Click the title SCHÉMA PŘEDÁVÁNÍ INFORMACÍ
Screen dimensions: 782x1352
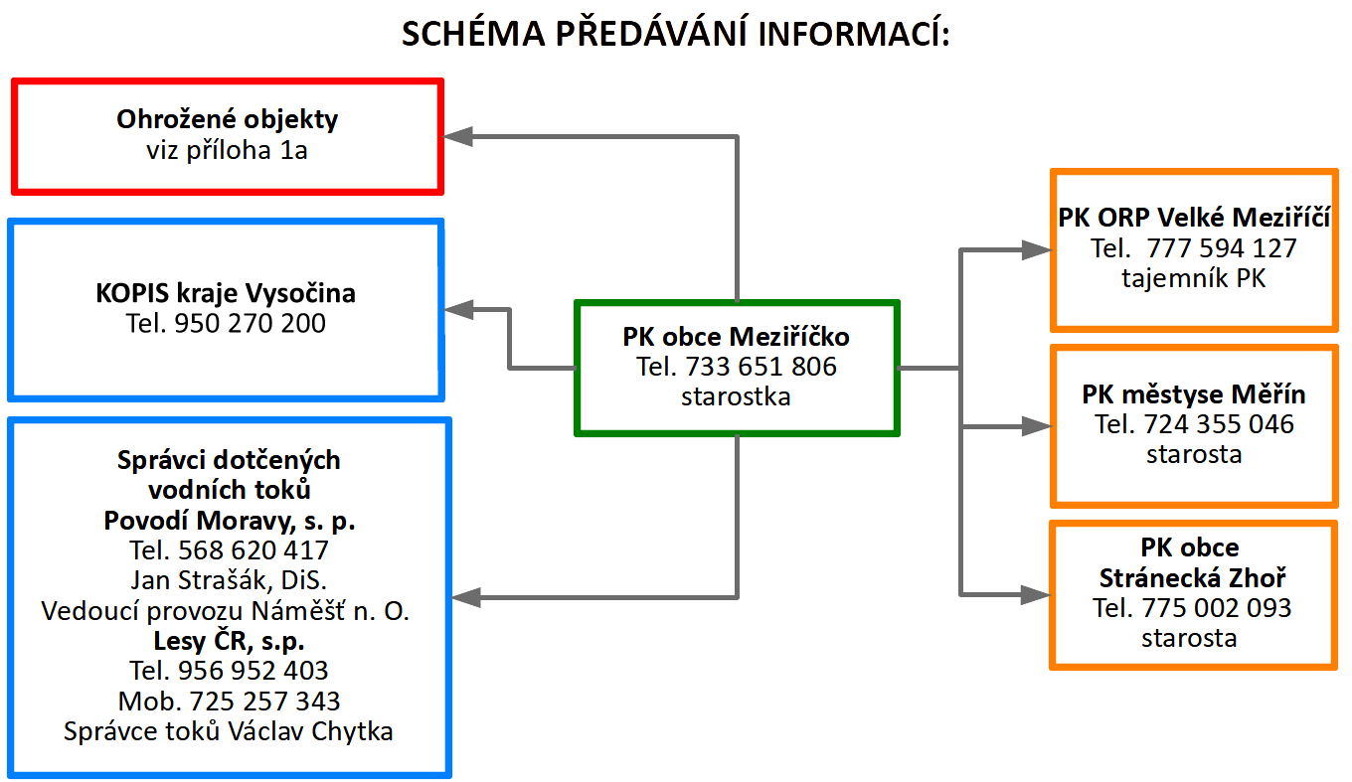coord(676,35)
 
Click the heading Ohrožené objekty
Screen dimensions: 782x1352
coord(228,120)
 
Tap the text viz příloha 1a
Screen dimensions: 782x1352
coord(228,150)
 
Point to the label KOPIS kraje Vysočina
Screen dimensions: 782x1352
coord(226,294)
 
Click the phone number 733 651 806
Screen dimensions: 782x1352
coord(760,367)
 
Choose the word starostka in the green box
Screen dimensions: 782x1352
coord(736,396)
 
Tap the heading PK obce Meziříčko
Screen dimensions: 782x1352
coord(736,337)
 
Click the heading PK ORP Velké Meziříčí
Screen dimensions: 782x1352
coord(1194,218)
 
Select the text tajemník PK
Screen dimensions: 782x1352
coord(1194,279)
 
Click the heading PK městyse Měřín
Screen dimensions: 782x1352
coord(1194,395)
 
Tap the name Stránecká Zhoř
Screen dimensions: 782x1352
coord(1193,578)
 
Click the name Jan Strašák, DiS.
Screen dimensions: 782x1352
coord(229,580)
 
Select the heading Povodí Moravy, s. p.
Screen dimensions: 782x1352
coord(230,521)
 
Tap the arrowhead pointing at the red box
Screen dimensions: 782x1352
coord(459,137)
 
